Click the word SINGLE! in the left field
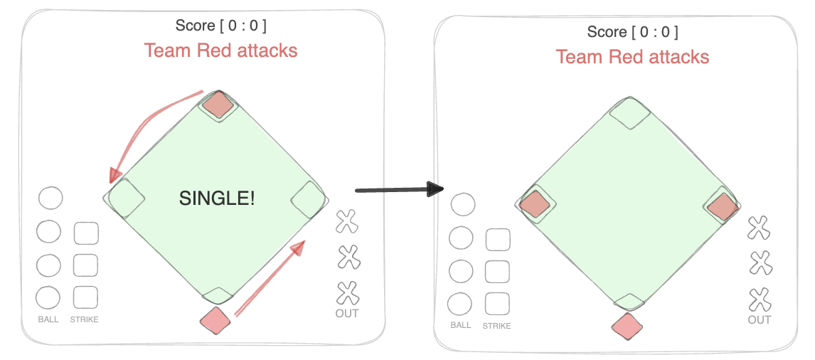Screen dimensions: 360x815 216,199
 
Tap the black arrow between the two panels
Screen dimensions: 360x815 398,189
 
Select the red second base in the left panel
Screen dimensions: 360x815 218,105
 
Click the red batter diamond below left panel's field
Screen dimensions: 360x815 215,321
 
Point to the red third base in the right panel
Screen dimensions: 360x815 536,205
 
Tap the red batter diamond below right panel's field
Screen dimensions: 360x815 627,327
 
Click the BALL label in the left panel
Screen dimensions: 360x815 48,319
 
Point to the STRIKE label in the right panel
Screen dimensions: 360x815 496,326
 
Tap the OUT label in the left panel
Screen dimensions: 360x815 347,313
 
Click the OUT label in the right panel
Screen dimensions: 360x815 760,319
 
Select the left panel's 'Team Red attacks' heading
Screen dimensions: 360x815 220,51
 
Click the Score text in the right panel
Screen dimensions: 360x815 632,32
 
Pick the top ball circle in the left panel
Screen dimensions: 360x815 50,198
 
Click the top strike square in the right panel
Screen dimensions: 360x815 498,240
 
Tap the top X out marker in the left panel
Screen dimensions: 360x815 347,221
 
